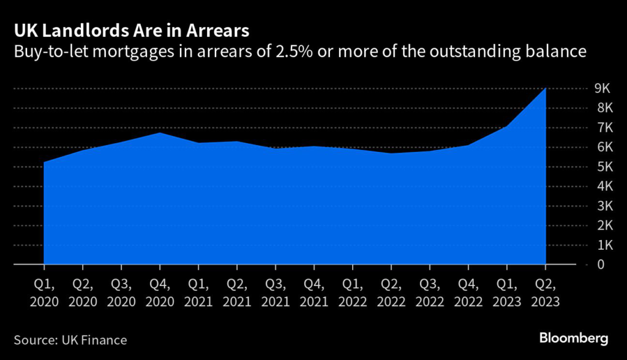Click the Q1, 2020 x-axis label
coord(44,293)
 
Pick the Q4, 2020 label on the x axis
coord(160,293)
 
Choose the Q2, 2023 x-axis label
coord(545,293)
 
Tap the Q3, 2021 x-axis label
coord(276,293)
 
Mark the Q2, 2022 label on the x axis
coord(391,293)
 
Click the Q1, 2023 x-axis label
coord(506,293)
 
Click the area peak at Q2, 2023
coord(544,89)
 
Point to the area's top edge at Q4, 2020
coord(160,133)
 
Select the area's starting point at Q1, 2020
coord(45,162)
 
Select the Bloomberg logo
coord(573,338)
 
